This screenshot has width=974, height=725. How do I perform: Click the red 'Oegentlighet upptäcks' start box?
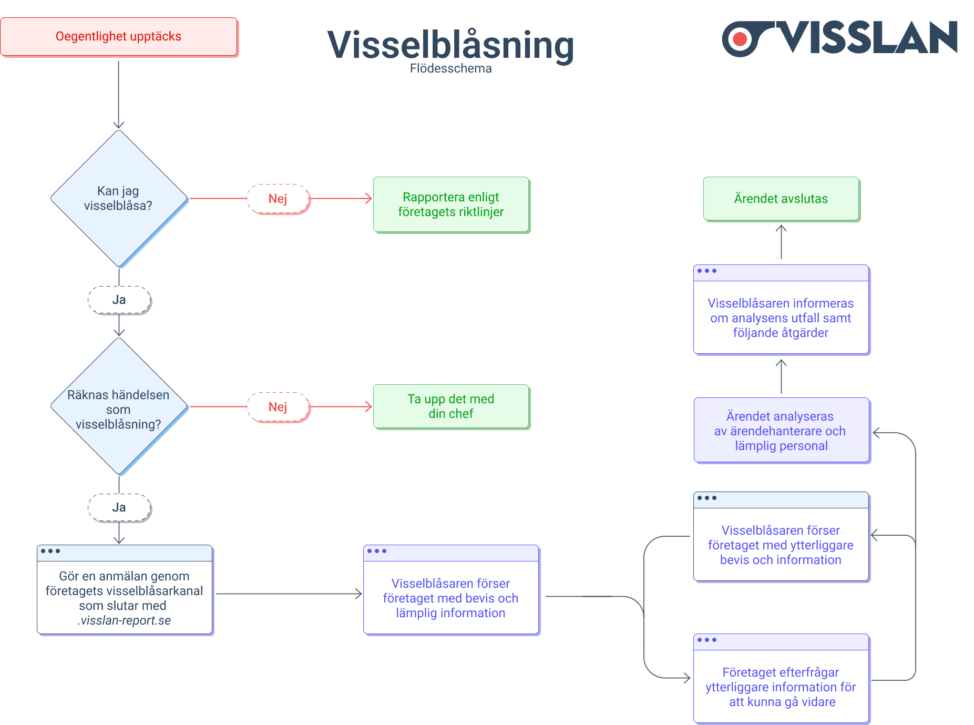pos(119,37)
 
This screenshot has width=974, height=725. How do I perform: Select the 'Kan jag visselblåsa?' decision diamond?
pos(119,198)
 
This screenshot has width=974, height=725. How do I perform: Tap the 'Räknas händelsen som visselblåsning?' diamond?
pos(119,406)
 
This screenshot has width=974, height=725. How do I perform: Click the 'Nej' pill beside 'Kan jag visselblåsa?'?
pos(278,199)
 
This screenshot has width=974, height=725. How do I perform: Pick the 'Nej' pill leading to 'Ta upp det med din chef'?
pos(278,407)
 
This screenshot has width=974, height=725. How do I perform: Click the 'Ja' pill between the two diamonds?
pos(119,300)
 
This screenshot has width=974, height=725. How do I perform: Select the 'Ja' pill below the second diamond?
pos(119,507)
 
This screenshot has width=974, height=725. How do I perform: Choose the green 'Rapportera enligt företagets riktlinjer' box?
pos(451,205)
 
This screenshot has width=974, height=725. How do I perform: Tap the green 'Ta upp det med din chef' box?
pos(451,406)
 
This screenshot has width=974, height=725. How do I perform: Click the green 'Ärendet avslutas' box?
pos(781,199)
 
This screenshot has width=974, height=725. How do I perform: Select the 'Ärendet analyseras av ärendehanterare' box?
pos(781,431)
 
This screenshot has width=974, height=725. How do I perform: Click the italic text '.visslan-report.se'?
pos(125,620)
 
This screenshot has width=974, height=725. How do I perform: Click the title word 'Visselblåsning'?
pos(450,45)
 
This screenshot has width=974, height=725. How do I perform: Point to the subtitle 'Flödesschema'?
pos(450,68)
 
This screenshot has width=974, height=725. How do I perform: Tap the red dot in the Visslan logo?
pos(740,39)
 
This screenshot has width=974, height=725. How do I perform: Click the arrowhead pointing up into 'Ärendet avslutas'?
pos(781,228)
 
